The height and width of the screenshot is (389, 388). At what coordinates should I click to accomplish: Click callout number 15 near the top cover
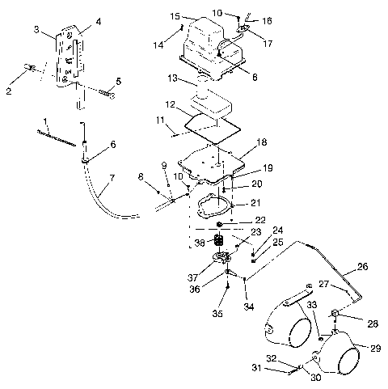click(x=175, y=16)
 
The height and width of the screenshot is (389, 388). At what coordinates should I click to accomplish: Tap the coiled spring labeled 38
click(x=217, y=241)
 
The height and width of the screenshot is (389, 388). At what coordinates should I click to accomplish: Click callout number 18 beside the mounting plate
click(x=260, y=141)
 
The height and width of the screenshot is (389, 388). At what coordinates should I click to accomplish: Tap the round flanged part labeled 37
click(x=217, y=260)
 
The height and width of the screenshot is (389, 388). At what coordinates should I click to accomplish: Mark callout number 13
click(x=172, y=78)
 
